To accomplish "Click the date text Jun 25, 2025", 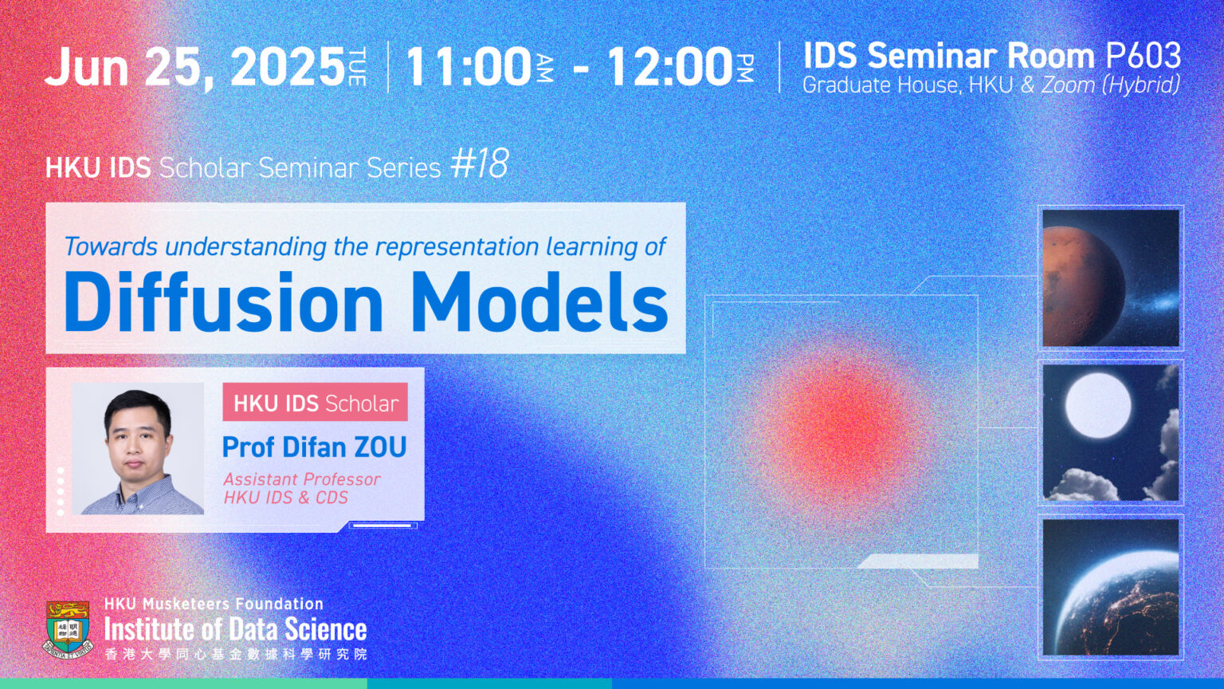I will (x=195, y=67).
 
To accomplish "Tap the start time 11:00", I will (x=469, y=67).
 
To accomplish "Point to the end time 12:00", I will (x=669, y=67).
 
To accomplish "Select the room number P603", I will (x=1143, y=56).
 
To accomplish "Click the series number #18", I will (x=479, y=164).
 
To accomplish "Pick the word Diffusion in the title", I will (x=224, y=304).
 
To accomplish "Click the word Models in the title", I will (x=539, y=304).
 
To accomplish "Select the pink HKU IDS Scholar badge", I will (x=315, y=403).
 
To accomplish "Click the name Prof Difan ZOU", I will (x=314, y=447).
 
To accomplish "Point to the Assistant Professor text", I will (x=301, y=479).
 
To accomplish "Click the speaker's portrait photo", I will (x=139, y=448).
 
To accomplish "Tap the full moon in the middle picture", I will (x=1098, y=405).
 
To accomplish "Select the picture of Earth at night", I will (x=1111, y=588).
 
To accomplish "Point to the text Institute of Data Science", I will (x=235, y=630).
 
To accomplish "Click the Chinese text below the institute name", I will (x=235, y=655).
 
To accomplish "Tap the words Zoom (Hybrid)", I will (x=1110, y=85).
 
